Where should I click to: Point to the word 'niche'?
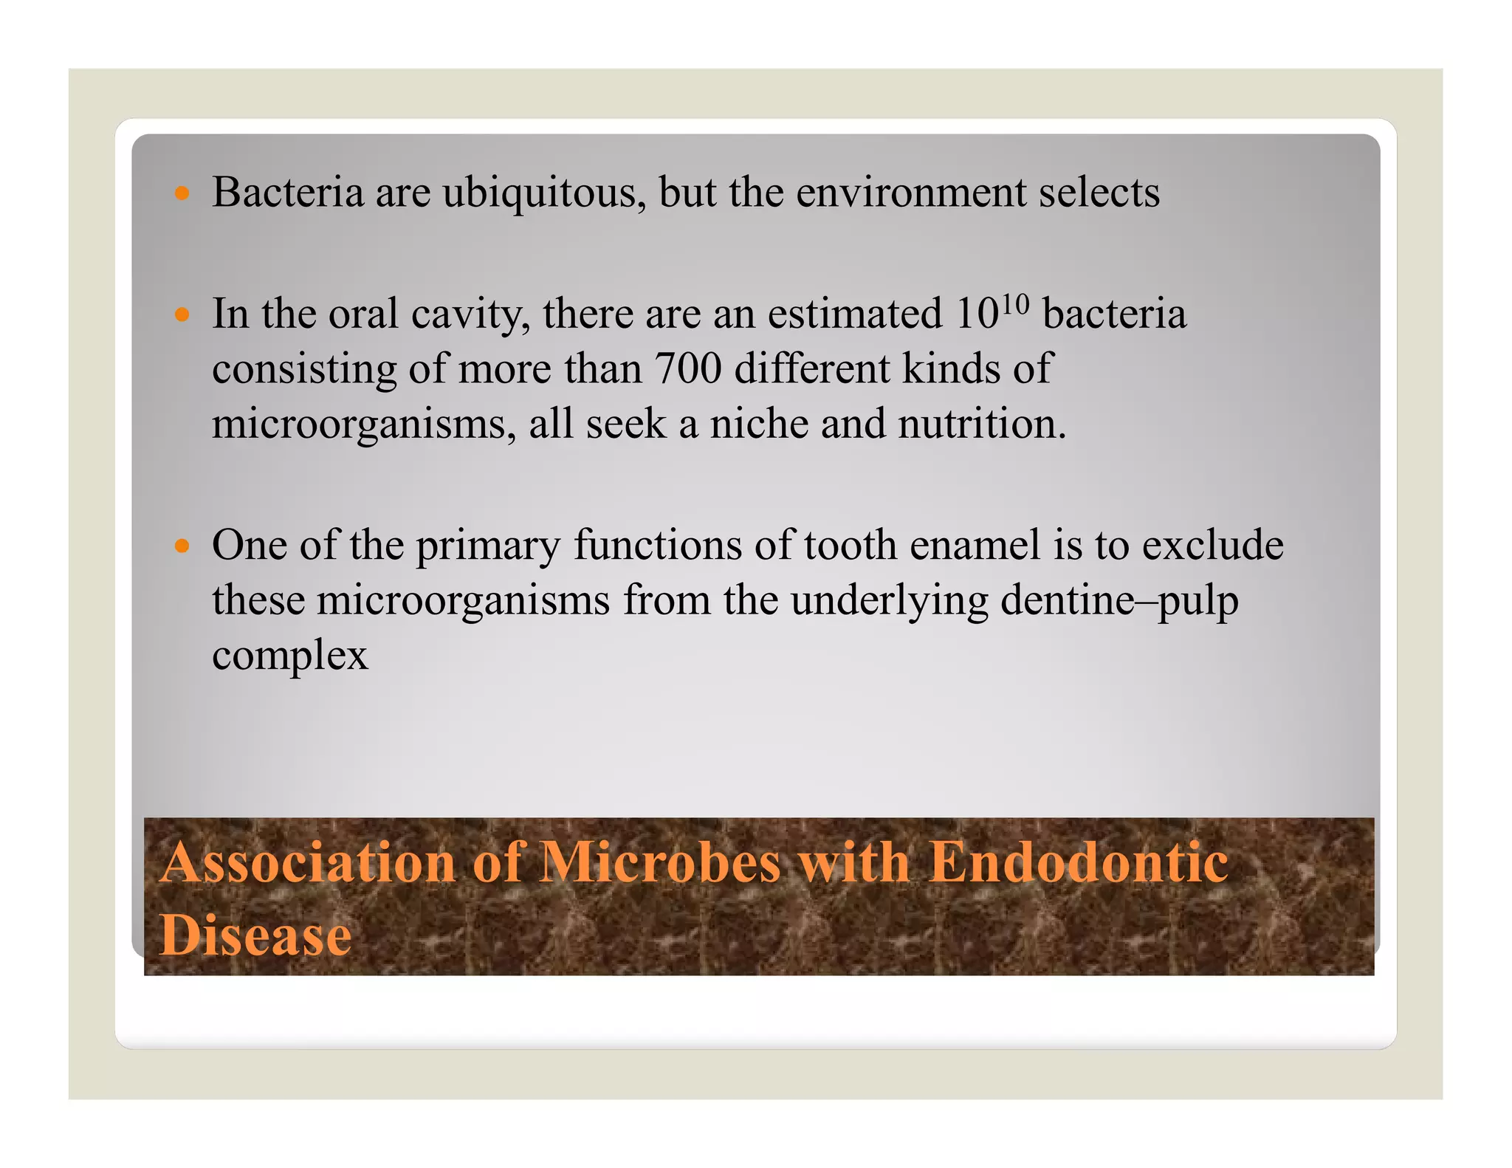tap(759, 425)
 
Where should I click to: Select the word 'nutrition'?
tap(981, 425)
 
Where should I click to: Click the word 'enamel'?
tap(975, 546)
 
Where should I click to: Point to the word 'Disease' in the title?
tap(255, 935)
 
